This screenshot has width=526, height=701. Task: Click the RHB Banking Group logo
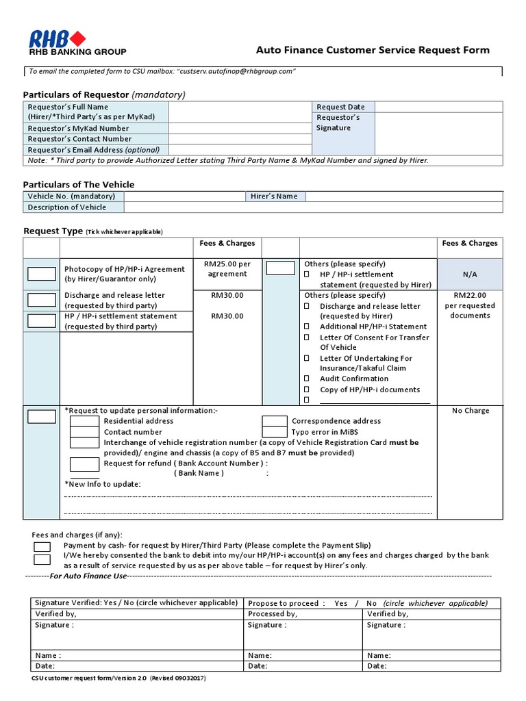pos(76,42)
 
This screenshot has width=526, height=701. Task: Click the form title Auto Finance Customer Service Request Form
pos(373,50)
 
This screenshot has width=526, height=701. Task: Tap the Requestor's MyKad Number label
pos(78,128)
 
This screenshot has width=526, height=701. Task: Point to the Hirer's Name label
pos(274,196)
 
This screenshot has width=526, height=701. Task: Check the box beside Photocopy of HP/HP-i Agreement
pos(42,275)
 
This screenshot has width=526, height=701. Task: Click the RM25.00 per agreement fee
pos(227,268)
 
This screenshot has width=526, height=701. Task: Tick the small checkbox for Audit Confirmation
pos(308,379)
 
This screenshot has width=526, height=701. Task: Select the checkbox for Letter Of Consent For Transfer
pos(308,337)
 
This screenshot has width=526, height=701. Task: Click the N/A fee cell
pos(469,274)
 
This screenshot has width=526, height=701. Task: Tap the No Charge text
pos(471,411)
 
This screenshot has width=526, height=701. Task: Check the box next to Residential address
pos(84,421)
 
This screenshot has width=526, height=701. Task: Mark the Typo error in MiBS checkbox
pos(275,432)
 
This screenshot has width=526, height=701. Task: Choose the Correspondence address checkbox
pos(275,421)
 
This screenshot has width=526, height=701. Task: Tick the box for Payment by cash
pos(42,546)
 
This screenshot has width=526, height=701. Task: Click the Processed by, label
pos(272,614)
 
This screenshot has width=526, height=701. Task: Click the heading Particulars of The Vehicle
pos(79,184)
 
